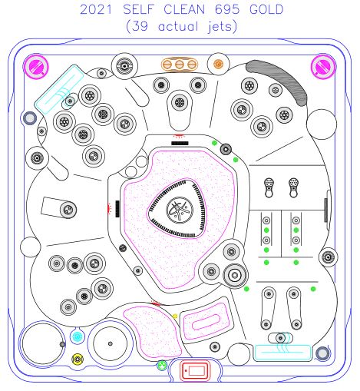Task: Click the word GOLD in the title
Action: click(266, 10)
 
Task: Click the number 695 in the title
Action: click(227, 10)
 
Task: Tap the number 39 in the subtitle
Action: click(140, 26)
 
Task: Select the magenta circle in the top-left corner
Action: click(36, 67)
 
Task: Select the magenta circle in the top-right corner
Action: click(323, 67)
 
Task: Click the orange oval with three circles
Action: click(180, 65)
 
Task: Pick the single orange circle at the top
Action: click(218, 64)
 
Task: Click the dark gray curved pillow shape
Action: click(279, 81)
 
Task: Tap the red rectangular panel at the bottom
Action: click(195, 370)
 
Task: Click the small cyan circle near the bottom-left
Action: click(77, 336)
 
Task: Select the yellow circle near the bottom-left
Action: click(78, 359)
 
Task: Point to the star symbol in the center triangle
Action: click(180, 209)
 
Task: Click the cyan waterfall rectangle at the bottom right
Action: click(282, 353)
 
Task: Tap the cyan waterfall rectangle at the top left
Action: click(59, 89)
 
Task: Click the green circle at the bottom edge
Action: click(162, 366)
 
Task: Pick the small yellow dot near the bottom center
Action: click(175, 316)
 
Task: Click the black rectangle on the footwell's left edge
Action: click(117, 209)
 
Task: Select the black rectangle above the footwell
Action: click(180, 144)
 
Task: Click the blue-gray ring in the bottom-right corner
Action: click(322, 353)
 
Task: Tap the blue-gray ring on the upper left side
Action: click(30, 118)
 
